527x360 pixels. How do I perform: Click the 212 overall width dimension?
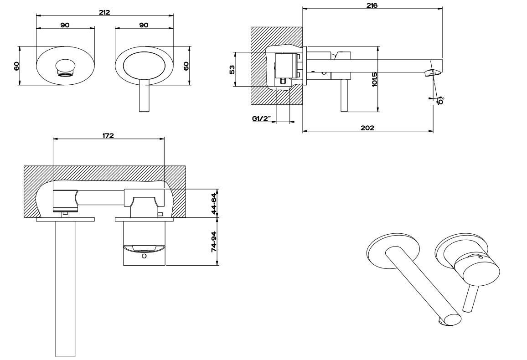[104, 12]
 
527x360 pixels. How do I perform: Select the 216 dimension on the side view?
[372, 5]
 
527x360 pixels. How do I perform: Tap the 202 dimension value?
[367, 128]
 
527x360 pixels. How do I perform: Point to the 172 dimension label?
[108, 135]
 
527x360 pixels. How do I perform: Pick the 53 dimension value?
[232, 69]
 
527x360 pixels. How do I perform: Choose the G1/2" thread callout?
[262, 119]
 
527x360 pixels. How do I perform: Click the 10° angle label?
[440, 101]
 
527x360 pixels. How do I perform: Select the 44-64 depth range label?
[214, 203]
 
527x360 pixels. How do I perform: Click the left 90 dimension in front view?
[65, 25]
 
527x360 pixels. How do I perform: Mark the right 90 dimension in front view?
[144, 25]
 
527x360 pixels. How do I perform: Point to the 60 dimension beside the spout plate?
[16, 65]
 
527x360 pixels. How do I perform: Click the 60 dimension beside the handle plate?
[186, 65]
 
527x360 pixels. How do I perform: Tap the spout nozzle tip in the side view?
[432, 72]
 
